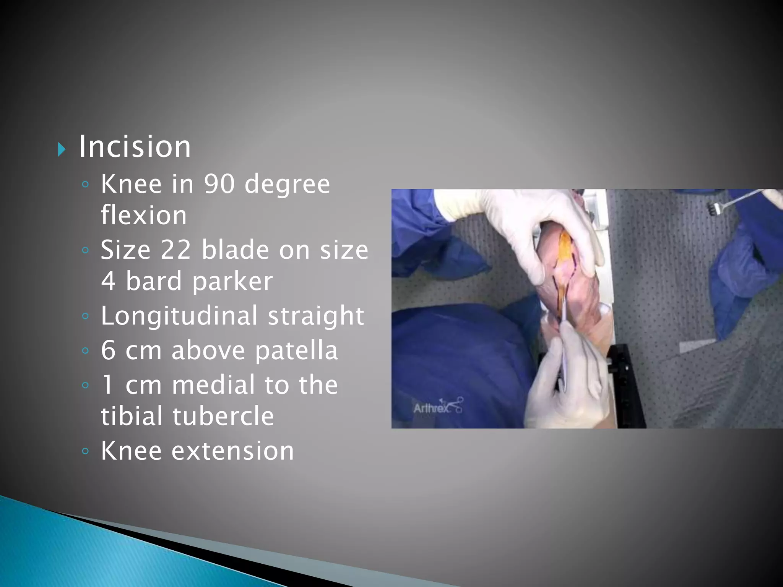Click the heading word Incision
[x=135, y=147]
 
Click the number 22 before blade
[x=175, y=250]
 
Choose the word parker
[x=232, y=282]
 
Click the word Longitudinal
[x=179, y=316]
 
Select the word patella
[x=296, y=351]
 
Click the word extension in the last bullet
[x=232, y=451]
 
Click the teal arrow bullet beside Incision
[x=62, y=149]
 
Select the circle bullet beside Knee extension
[x=85, y=451]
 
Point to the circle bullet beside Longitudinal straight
[x=85, y=316]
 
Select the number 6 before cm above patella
[x=108, y=350]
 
